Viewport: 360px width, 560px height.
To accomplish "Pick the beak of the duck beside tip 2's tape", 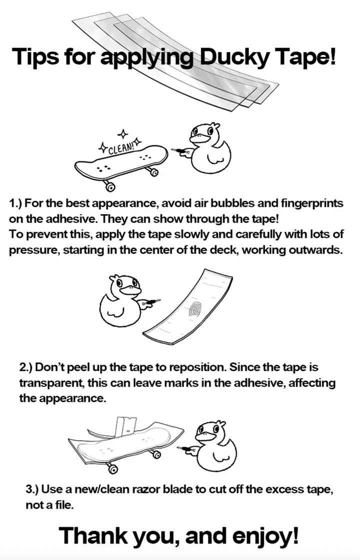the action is pos(131,290).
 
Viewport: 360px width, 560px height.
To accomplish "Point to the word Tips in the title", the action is pos(35,57).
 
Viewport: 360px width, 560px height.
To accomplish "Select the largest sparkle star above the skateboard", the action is pos(123,134).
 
